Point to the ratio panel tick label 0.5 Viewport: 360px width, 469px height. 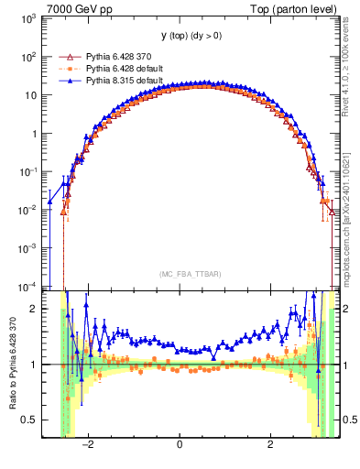tap(30, 420)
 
